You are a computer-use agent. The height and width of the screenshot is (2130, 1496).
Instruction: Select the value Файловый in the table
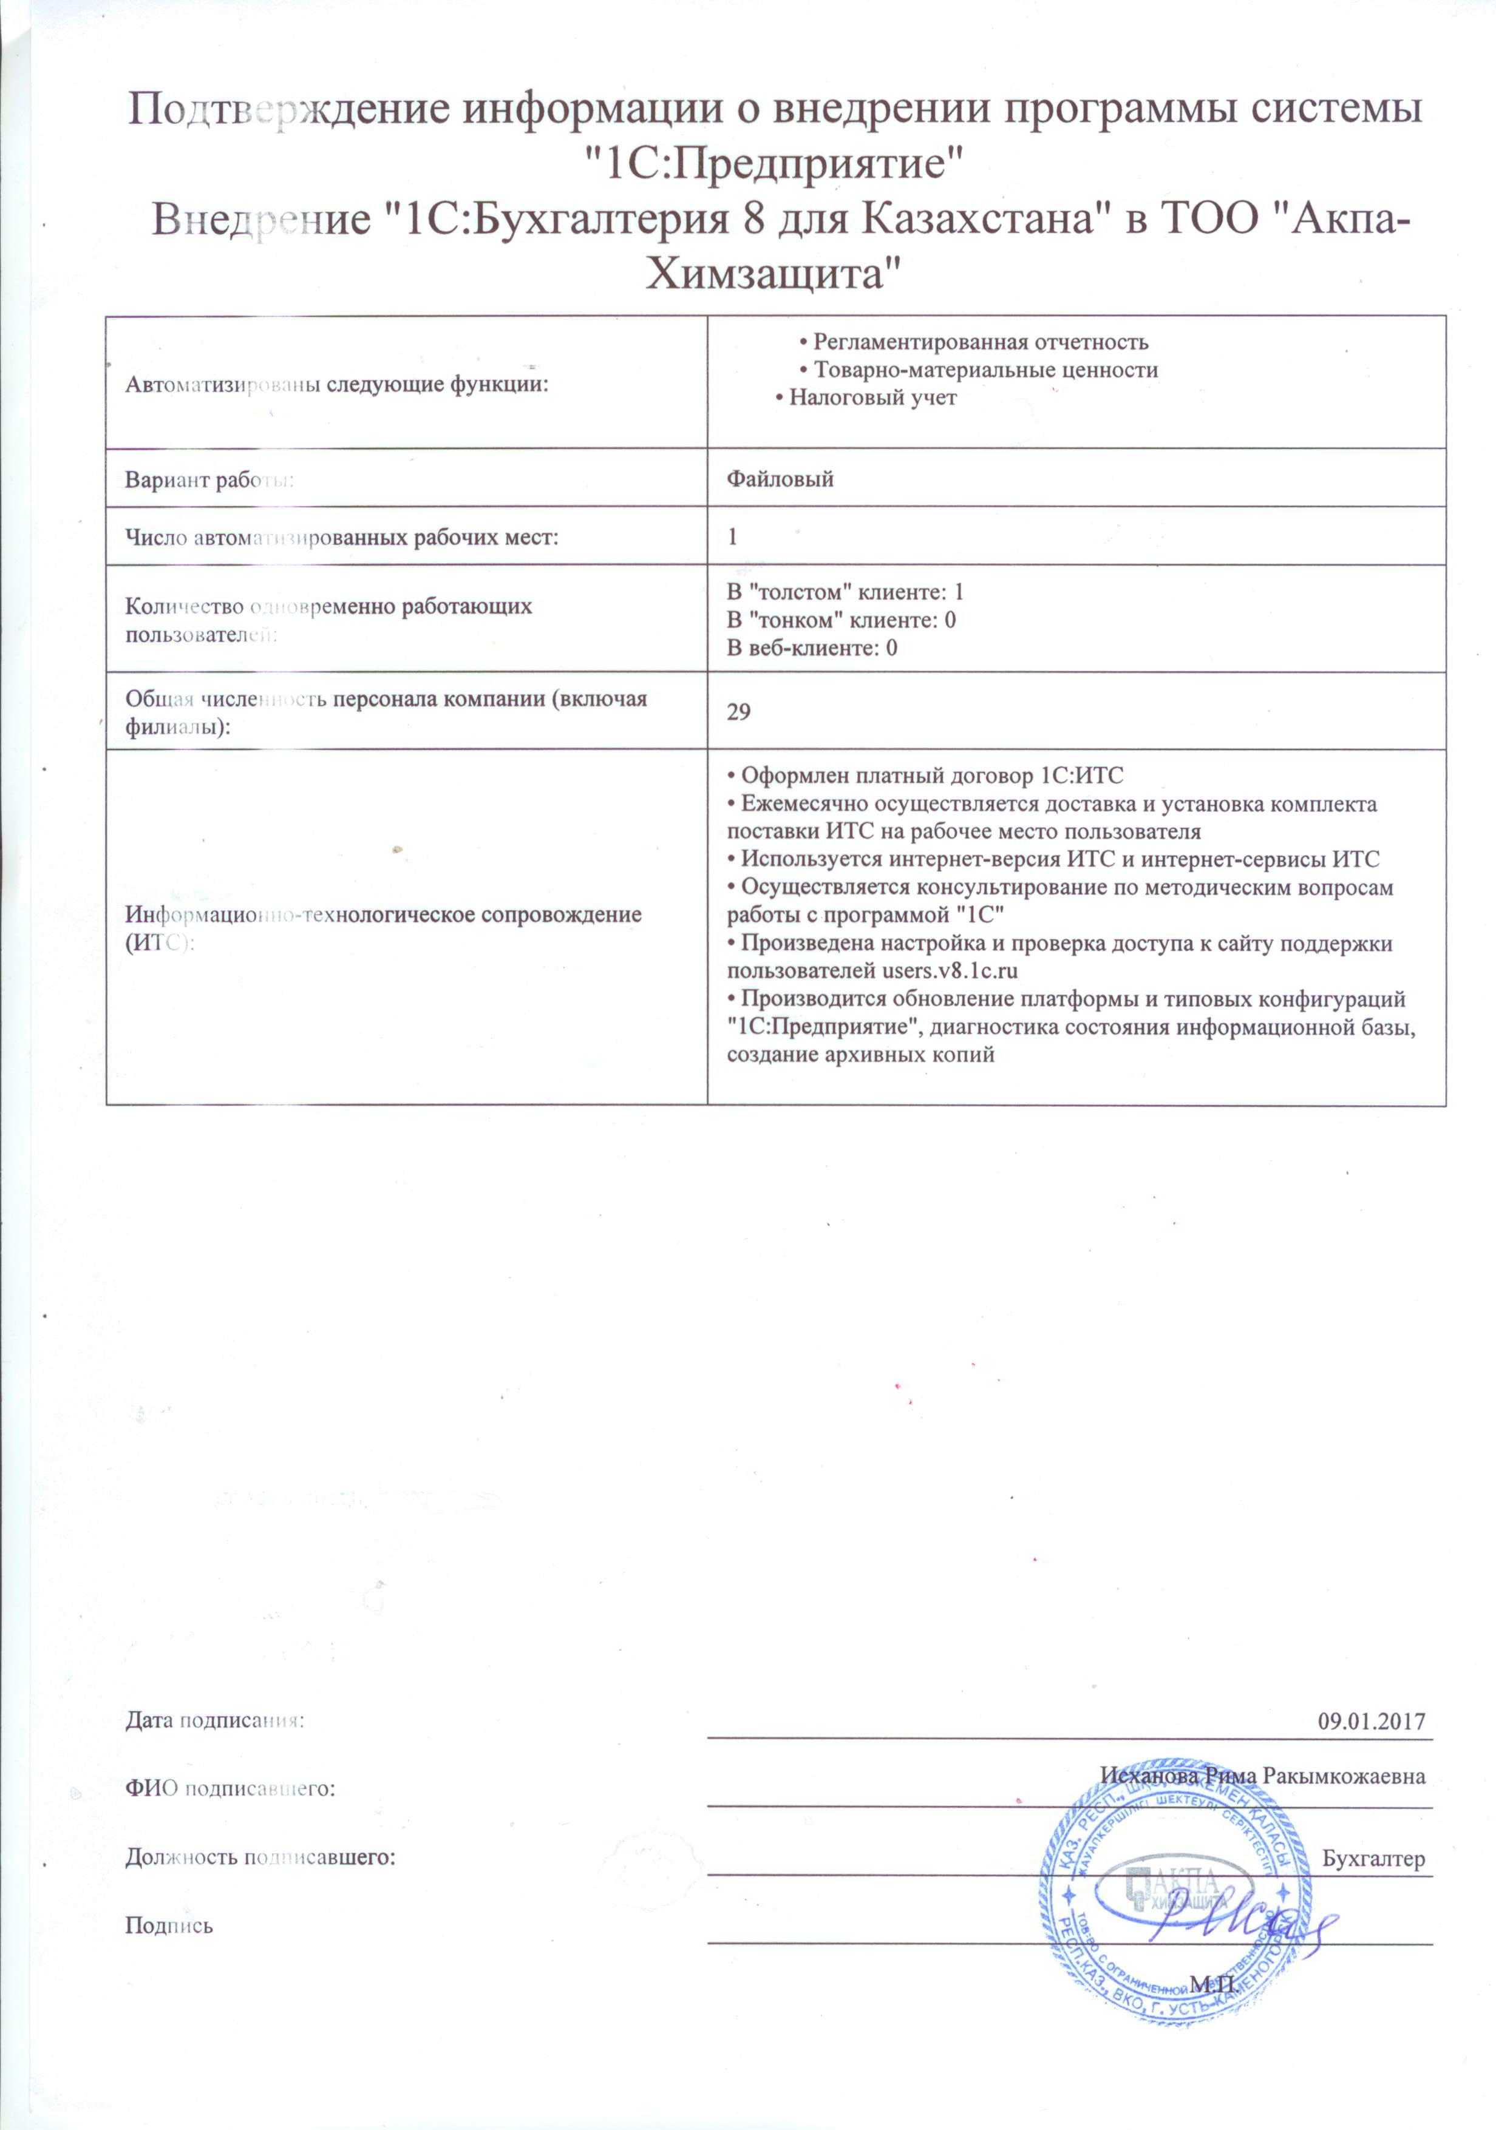(780, 479)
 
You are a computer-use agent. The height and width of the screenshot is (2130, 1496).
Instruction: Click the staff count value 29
(739, 712)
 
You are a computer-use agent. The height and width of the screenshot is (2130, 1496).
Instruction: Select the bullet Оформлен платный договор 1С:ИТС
(924, 776)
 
